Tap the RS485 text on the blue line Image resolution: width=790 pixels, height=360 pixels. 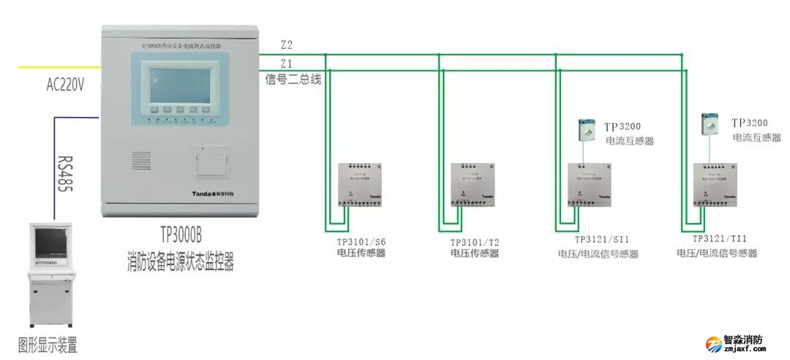tap(64, 173)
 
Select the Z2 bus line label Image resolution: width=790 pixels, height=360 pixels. tap(286, 45)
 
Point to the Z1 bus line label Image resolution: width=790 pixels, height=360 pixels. tap(286, 63)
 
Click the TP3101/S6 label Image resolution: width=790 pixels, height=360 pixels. tap(361, 241)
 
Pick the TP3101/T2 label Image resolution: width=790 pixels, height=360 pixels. tap(475, 241)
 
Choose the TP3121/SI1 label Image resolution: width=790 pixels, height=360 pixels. tap(602, 239)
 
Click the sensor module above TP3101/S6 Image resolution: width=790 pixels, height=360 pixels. tap(359, 184)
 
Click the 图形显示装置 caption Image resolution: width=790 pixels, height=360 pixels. tap(48, 345)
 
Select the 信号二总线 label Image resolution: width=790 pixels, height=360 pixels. tap(293, 79)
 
